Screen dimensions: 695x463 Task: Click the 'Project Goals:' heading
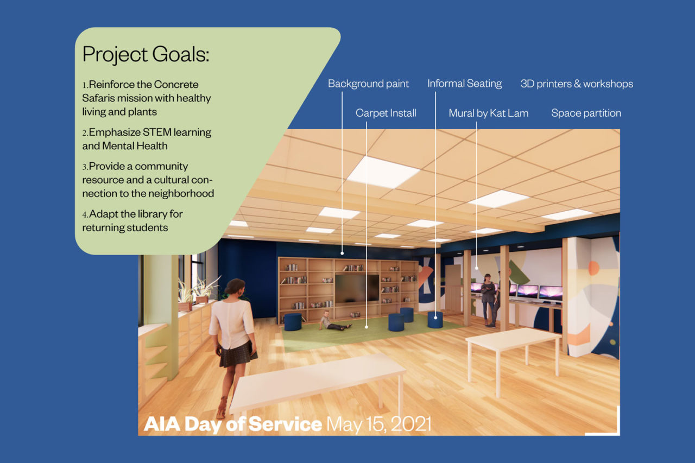pyautogui.click(x=146, y=55)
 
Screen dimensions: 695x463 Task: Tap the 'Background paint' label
pyautogui.click(x=368, y=84)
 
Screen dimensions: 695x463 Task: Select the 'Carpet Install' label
pyautogui.click(x=386, y=113)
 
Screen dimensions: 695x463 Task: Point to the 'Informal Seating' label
pyautogui.click(x=464, y=84)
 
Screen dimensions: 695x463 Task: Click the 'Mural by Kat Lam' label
pyautogui.click(x=488, y=113)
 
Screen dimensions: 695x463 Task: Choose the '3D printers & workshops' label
pyautogui.click(x=577, y=84)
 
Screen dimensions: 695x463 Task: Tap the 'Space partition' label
pyautogui.click(x=586, y=113)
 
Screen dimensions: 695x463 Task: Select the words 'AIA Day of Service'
pyautogui.click(x=233, y=424)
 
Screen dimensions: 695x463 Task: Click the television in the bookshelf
pyautogui.click(x=357, y=288)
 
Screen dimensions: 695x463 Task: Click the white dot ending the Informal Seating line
pyautogui.click(x=435, y=318)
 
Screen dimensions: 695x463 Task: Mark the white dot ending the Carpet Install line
pyautogui.click(x=367, y=327)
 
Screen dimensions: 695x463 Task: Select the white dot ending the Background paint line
pyautogui.click(x=342, y=253)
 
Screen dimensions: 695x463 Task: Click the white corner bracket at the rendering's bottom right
pyautogui.click(x=618, y=434)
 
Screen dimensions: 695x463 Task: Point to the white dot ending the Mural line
pyautogui.click(x=477, y=268)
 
